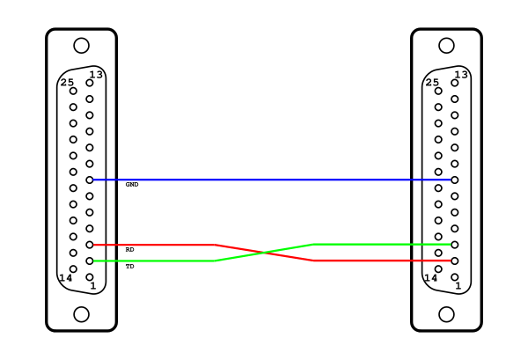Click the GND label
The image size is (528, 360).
tap(132, 185)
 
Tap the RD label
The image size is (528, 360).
tap(129, 250)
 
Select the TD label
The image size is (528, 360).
tap(129, 267)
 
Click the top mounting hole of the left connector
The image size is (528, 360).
tap(82, 46)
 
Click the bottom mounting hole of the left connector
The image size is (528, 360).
tap(82, 314)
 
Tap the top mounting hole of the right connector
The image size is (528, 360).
tap(446, 46)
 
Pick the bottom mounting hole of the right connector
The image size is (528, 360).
tap(446, 314)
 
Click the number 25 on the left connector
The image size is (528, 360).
tap(67, 82)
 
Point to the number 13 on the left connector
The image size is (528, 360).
tap(96, 74)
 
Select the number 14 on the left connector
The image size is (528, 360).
tap(65, 278)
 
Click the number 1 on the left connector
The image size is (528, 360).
tap(93, 286)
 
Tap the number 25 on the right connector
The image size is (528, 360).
tap(432, 82)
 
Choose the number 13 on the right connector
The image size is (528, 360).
tap(461, 74)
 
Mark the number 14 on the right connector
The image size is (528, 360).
tap(430, 278)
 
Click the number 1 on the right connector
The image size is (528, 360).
tap(458, 286)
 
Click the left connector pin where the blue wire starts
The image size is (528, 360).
tap(90, 180)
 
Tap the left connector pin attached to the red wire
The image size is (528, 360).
tap(90, 245)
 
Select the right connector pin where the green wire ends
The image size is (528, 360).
tap(455, 245)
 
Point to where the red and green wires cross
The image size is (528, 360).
tap(265, 253)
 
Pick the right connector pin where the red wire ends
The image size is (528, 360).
tap(455, 261)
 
